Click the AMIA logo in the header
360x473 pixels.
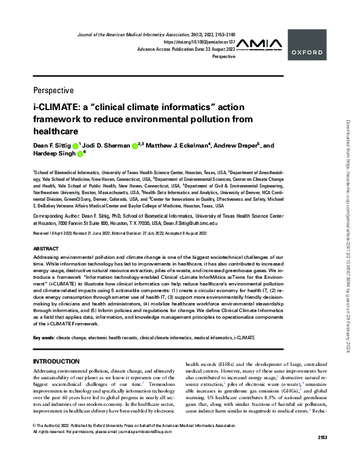click(260, 44)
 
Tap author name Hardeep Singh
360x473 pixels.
click(53, 154)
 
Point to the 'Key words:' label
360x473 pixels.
click(45, 336)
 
